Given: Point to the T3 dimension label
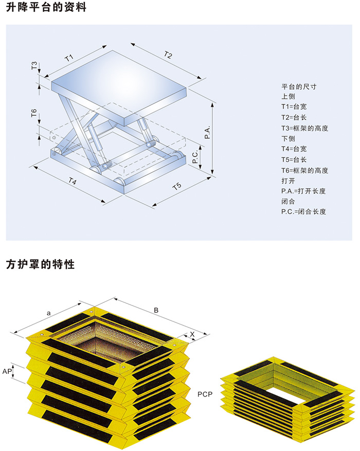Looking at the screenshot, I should click(34, 66).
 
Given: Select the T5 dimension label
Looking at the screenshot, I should click(177, 186).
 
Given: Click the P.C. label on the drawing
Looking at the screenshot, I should click(195, 158).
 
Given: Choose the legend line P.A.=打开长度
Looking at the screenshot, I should click(303, 191).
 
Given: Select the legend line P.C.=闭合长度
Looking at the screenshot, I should click(303, 211).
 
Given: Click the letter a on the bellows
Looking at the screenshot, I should click(48, 312).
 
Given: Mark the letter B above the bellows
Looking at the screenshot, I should click(156, 310).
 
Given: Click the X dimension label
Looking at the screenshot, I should click(192, 334).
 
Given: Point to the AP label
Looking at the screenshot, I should click(7, 371).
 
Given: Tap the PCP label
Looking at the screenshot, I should click(206, 394).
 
